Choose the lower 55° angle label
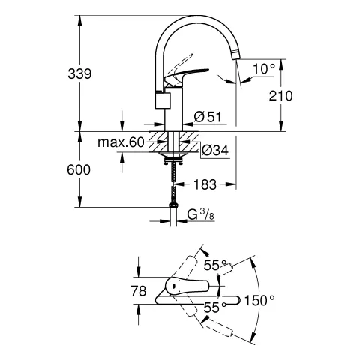pyautogui.click(x=214, y=307)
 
